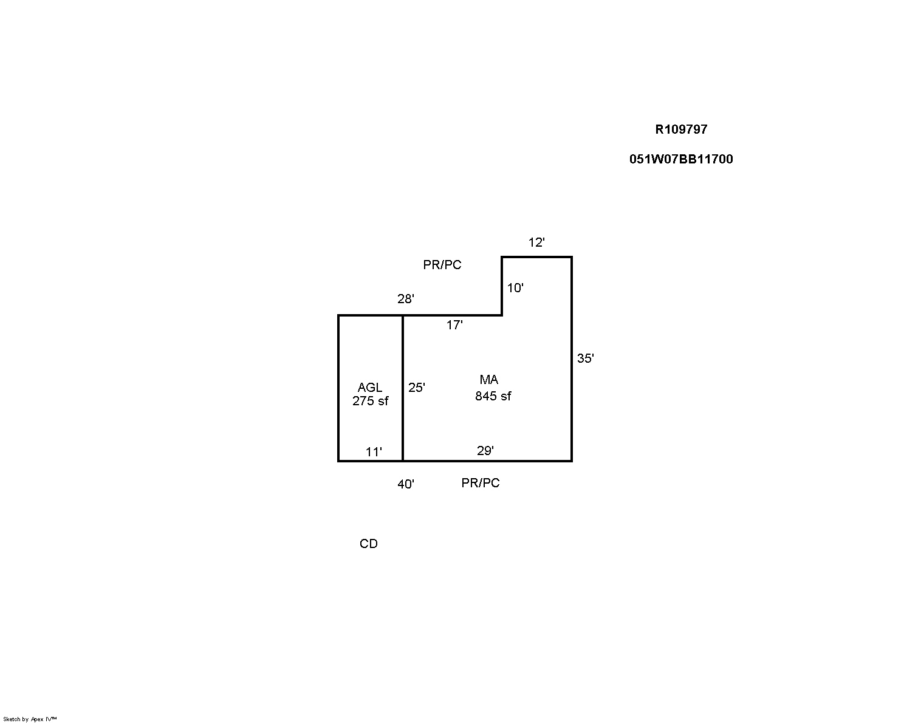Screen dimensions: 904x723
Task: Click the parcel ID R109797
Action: coord(681,129)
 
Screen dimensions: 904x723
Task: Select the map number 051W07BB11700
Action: coord(681,159)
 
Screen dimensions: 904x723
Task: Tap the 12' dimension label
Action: coord(536,242)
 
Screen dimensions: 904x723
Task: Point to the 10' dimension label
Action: coord(515,288)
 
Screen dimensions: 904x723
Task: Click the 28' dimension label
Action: coord(406,299)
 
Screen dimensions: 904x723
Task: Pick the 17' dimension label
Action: coord(454,324)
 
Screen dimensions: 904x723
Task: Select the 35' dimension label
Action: coord(585,358)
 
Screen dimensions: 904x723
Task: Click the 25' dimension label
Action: coord(417,388)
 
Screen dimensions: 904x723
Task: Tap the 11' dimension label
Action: coord(374,452)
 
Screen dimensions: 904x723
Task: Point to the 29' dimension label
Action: coord(485,451)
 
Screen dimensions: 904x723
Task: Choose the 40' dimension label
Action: coord(406,484)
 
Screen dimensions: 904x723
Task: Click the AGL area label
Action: coord(369,388)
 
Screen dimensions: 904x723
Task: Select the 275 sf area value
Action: coord(370,401)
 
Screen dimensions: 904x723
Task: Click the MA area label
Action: coord(489,380)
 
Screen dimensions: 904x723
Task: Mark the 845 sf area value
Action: coord(493,396)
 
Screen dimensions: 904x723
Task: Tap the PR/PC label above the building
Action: coord(442,265)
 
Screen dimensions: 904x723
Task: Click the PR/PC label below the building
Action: coord(481,483)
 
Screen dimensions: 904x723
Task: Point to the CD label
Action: coord(369,544)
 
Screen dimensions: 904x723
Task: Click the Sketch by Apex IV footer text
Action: coord(30,719)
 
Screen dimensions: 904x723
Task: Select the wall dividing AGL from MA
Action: coord(403,388)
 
